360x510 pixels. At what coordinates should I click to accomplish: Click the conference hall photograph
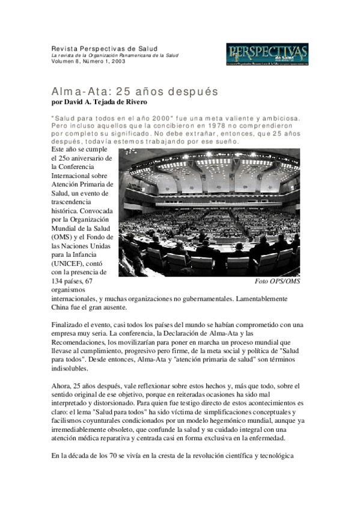(209, 212)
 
